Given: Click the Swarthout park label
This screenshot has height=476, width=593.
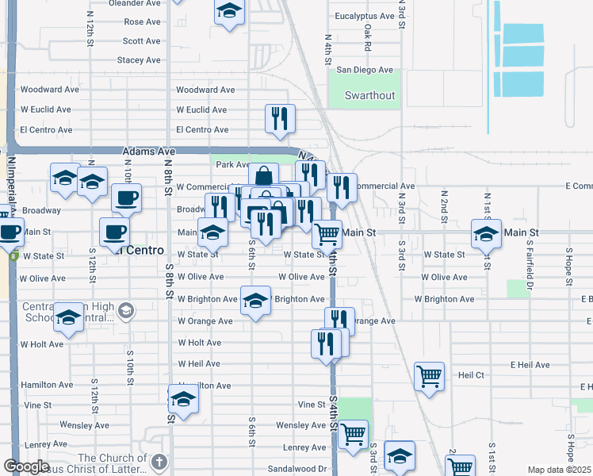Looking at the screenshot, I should (x=369, y=96).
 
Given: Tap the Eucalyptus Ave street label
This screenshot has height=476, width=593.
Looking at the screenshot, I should (x=365, y=16).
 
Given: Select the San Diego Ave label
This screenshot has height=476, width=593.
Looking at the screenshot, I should (x=365, y=70).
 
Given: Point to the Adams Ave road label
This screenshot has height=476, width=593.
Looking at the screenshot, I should (x=148, y=151).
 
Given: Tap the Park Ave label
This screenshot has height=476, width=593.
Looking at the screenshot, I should (x=234, y=165).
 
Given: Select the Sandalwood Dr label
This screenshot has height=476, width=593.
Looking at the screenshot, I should (x=300, y=469).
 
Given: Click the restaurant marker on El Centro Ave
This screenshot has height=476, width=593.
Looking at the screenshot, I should (x=280, y=118).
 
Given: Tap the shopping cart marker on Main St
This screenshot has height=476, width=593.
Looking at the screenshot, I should (x=327, y=234).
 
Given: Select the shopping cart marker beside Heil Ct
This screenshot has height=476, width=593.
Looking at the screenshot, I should (x=429, y=375).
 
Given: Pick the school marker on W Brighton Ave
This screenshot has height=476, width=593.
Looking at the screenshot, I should (x=255, y=301).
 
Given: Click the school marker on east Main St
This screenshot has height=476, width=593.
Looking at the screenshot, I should (x=486, y=233).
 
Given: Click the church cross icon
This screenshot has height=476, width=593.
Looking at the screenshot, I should (x=159, y=462).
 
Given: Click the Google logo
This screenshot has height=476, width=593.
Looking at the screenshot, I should (x=25, y=466).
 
